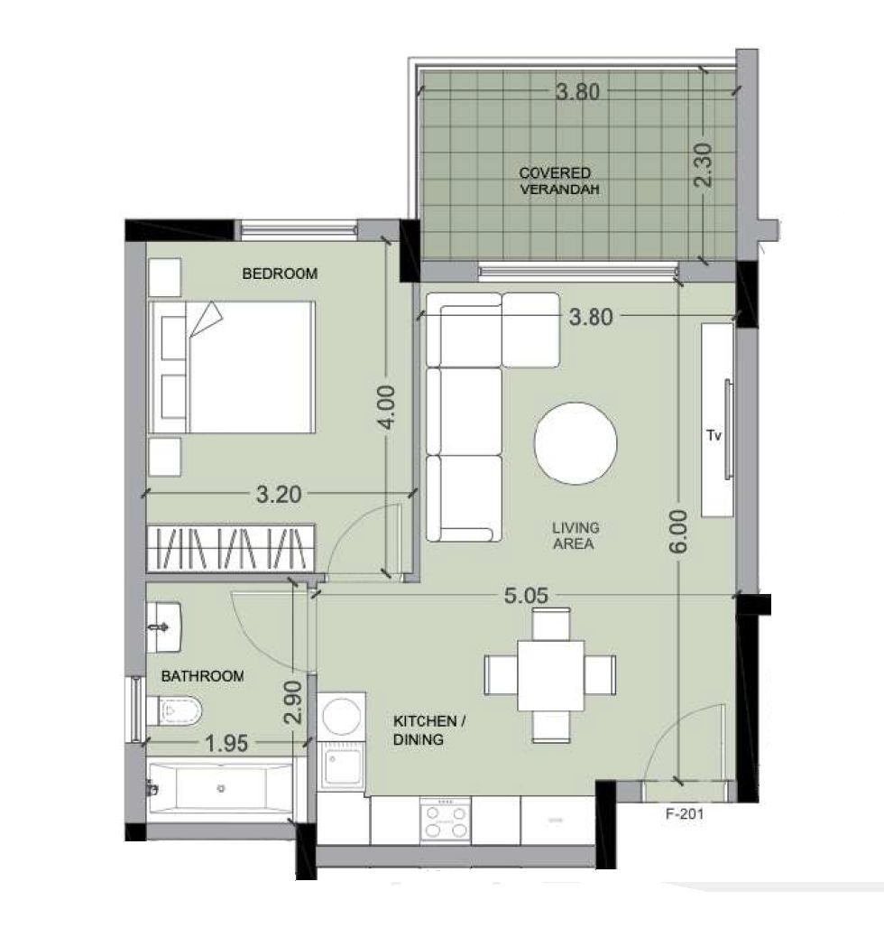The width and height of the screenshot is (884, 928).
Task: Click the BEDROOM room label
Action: coord(280,274)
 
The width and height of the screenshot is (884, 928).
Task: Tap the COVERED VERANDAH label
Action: coord(558,181)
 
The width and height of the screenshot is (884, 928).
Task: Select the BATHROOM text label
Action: coord(202,676)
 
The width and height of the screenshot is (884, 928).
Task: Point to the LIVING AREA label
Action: coord(576,535)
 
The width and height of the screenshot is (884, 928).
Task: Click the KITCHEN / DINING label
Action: coord(429,730)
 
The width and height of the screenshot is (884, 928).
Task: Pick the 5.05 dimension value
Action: coord(526,596)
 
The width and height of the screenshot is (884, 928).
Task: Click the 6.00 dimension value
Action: coord(679,532)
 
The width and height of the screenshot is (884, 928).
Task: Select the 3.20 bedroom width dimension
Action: coord(279,494)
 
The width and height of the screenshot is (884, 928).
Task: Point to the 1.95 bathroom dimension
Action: coord(226,743)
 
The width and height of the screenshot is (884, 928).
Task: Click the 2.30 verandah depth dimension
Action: coord(703,165)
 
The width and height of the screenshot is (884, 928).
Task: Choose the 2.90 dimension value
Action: coord(293,702)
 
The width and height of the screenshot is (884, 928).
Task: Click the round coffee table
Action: coord(576,443)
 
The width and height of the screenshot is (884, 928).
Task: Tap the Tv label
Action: coord(714,436)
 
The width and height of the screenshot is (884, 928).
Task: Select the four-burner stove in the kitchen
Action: coord(446,820)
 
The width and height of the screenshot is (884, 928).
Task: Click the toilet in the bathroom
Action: coord(174,710)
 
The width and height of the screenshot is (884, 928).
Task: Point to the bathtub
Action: coord(220,788)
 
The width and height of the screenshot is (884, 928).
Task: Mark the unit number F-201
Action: coord(685,813)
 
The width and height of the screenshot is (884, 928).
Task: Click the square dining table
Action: coord(551,675)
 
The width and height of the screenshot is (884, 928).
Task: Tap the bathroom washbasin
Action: coord(164,627)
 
